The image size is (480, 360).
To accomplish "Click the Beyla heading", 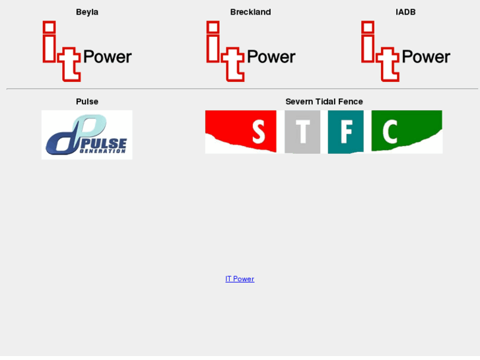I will [x=87, y=12].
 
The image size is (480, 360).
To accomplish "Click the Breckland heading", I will [x=250, y=12].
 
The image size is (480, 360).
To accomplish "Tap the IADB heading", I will [x=405, y=12].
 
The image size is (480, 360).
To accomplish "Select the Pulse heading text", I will [x=87, y=102].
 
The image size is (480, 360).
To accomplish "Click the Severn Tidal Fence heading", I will [x=324, y=102].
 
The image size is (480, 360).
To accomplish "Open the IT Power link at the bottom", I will [x=240, y=279].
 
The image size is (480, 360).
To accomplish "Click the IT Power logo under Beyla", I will [x=86, y=52].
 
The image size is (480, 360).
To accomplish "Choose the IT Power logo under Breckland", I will [x=250, y=52].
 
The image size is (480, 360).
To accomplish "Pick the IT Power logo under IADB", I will [x=405, y=52].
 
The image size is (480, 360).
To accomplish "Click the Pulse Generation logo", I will [x=86, y=135].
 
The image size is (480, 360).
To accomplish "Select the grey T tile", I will [x=302, y=131].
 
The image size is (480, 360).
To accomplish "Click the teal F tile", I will [x=345, y=131].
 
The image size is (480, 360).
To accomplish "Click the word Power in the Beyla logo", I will [x=108, y=57].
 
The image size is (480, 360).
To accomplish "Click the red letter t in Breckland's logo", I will [x=232, y=64].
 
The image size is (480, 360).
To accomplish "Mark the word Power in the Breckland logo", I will [x=271, y=57].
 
